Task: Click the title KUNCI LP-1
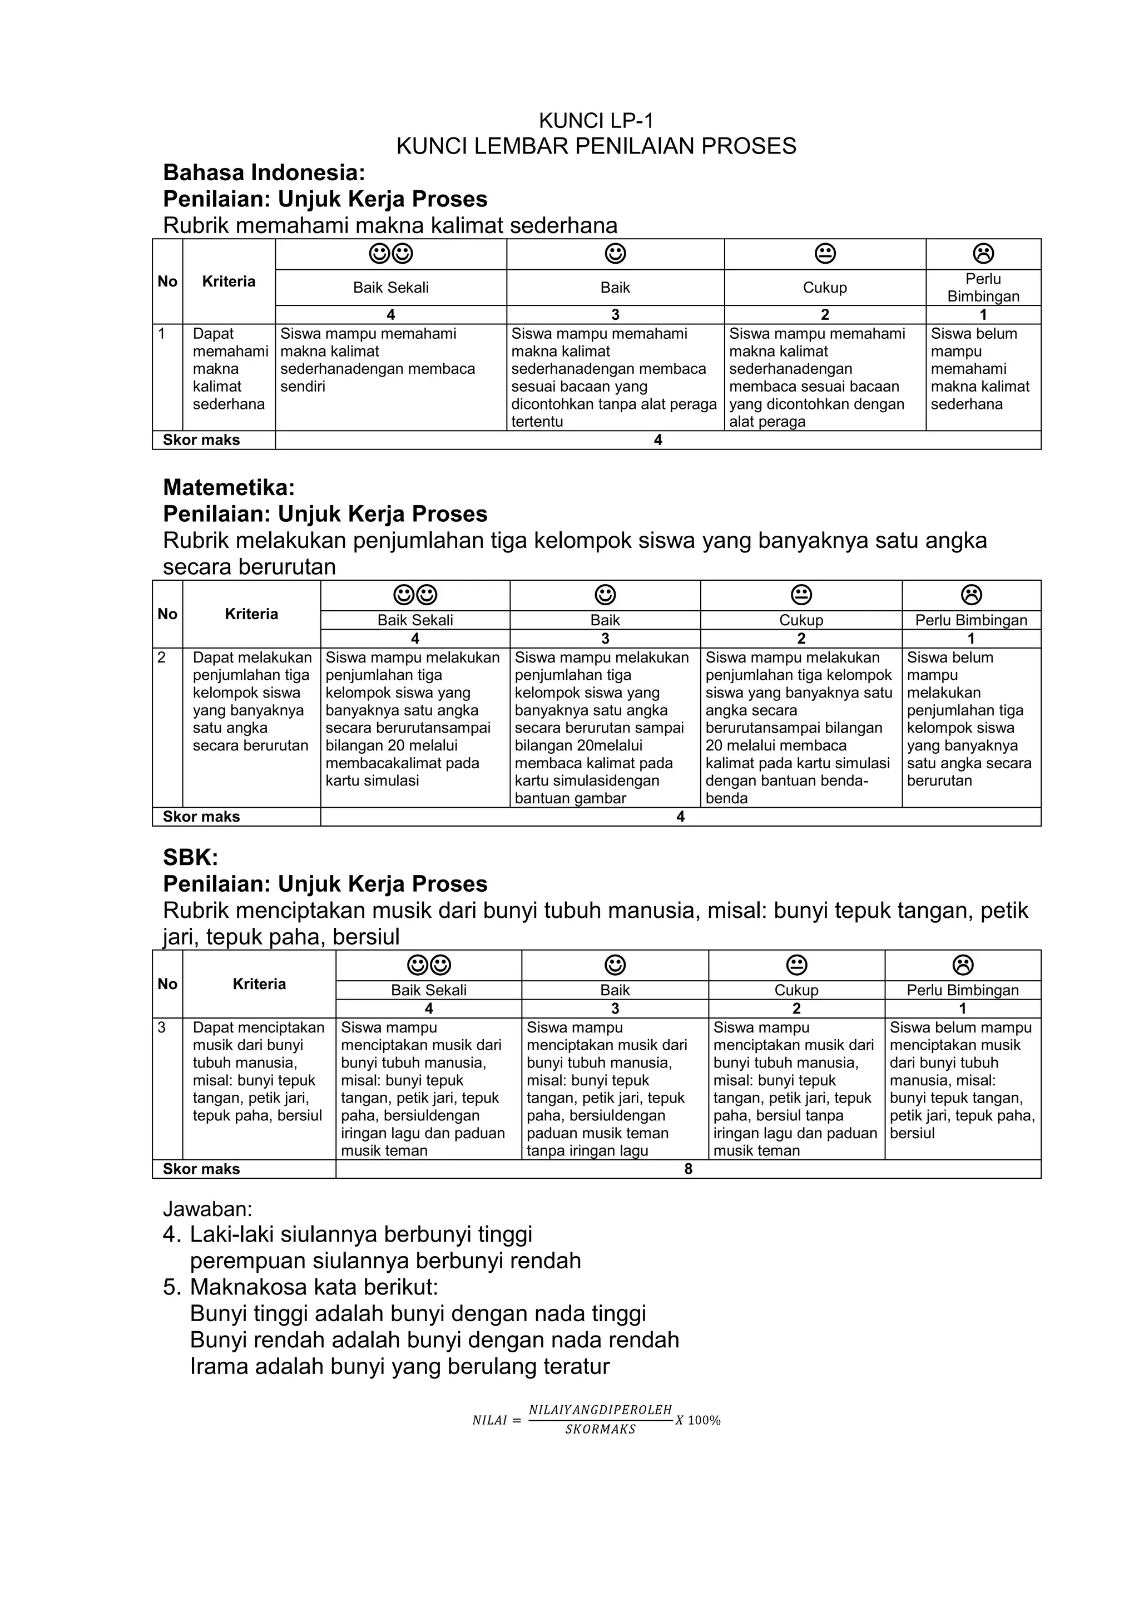(596, 120)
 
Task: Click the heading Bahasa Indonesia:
(264, 172)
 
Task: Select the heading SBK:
(190, 857)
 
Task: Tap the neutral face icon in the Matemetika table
(801, 595)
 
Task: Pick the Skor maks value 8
(688, 1169)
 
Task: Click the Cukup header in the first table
(825, 288)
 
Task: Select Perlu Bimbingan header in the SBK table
(962, 990)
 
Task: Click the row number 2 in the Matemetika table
(162, 658)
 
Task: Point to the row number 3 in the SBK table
(162, 1027)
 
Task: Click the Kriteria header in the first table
(229, 281)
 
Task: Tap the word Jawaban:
(207, 1209)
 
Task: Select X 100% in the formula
(698, 1420)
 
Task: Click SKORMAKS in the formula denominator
(600, 1429)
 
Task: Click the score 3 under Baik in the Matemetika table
(605, 639)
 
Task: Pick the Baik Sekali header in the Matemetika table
(415, 620)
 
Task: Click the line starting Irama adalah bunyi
(400, 1366)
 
